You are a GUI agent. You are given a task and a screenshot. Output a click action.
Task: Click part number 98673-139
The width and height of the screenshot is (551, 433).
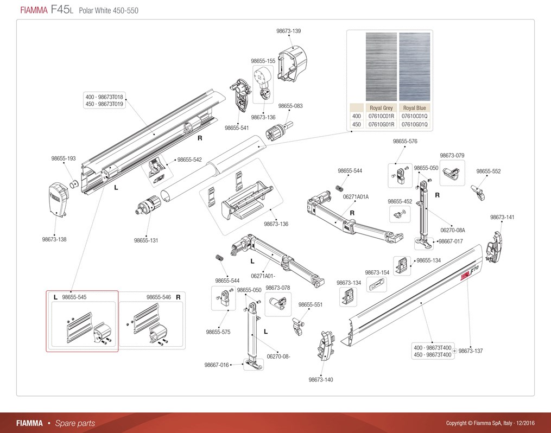click(288, 31)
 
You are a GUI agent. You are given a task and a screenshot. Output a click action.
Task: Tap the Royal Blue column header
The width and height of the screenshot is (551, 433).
click(415, 108)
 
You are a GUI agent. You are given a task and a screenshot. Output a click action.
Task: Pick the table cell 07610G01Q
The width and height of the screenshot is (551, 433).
click(415, 124)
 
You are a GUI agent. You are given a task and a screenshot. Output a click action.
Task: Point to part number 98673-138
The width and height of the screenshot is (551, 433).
click(54, 239)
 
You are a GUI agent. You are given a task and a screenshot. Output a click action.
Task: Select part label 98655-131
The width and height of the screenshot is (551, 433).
click(146, 240)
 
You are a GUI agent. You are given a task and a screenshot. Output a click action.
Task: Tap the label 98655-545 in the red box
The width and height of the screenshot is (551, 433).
click(74, 297)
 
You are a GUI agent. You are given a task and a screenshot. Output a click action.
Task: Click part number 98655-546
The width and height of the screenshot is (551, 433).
click(159, 297)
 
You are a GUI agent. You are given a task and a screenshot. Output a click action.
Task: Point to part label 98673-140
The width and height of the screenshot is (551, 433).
click(321, 379)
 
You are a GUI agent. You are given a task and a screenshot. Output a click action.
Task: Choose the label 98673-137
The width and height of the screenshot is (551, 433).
click(471, 351)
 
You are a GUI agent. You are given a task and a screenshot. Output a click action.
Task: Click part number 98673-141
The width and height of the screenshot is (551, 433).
click(502, 217)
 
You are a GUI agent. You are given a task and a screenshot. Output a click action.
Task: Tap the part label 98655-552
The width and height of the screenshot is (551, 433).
click(489, 171)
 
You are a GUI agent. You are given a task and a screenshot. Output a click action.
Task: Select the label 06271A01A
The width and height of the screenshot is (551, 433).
click(356, 196)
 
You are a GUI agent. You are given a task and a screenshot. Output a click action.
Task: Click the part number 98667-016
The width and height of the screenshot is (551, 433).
click(217, 365)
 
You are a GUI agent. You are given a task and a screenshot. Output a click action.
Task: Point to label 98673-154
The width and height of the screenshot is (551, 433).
click(377, 272)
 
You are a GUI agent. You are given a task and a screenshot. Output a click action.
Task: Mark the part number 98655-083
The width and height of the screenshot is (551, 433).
click(290, 106)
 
